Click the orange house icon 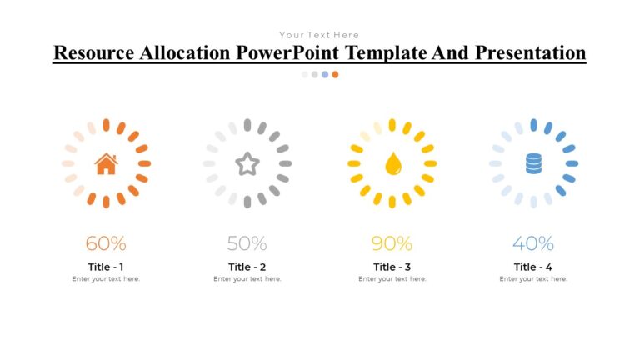click(x=106, y=163)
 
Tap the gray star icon click(x=247, y=163)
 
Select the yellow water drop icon click(x=392, y=163)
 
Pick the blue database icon click(x=533, y=163)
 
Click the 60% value click(x=106, y=243)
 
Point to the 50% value click(x=247, y=243)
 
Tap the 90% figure click(x=392, y=243)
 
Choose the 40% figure click(x=533, y=243)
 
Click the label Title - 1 click(x=106, y=267)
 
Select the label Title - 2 click(x=247, y=267)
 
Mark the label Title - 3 click(x=392, y=267)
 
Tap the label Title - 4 click(x=533, y=267)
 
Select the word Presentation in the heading click(x=530, y=53)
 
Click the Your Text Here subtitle click(x=319, y=35)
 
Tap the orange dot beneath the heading click(x=335, y=74)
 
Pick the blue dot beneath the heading click(x=325, y=74)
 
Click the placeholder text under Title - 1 click(x=106, y=279)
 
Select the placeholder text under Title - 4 click(x=533, y=279)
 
